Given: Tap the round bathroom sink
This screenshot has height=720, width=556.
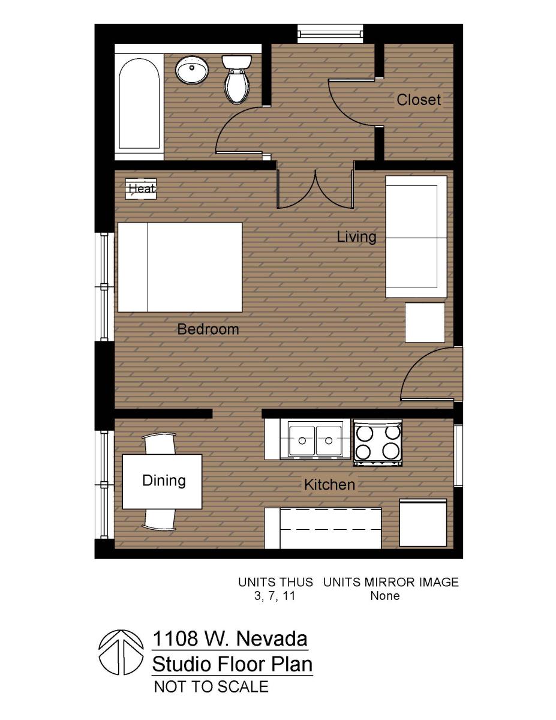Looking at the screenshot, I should coord(192,70).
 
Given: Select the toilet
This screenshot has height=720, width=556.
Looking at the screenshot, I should coord(236,78).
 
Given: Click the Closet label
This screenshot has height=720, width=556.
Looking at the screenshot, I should coord(418,100).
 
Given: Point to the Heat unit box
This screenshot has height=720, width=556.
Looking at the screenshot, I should coord(141,188).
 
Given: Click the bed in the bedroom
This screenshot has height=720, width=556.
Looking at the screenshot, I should coord(180,267).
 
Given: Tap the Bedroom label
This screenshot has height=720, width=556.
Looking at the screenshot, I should coord(208,329).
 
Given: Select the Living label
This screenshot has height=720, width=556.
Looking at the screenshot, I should coord(356,236).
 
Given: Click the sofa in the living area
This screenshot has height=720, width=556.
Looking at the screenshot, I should coord(416,237).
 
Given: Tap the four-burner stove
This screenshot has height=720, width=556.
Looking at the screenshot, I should coord(377,442).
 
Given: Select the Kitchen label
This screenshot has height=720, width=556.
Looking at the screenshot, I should coord(329,484).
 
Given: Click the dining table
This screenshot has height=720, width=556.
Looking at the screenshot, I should coord(163,481).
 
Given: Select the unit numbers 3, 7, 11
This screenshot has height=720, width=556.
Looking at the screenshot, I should coord(275,596).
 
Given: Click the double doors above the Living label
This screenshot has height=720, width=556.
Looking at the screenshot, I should coord(315,189).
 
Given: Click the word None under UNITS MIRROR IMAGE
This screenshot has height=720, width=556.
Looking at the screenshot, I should coord(384,596).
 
